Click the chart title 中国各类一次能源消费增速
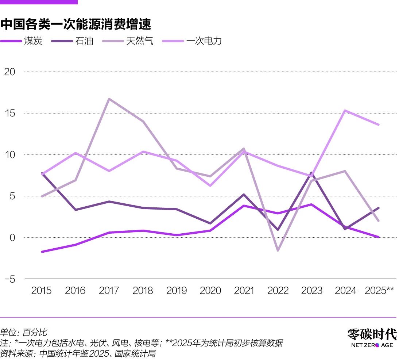[x=75, y=24]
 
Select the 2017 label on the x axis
[x=109, y=291]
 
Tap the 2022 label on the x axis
[x=278, y=291]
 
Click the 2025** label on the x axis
[x=379, y=291]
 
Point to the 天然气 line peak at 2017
[x=109, y=99]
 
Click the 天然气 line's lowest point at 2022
[x=278, y=250]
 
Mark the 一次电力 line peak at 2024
[x=345, y=111]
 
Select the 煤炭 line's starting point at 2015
[x=42, y=252]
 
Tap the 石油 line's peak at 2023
[x=311, y=173]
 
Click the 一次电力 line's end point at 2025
[x=379, y=125]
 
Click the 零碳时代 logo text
[x=372, y=334]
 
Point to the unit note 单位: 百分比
[x=23, y=332]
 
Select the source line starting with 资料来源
[x=78, y=353]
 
